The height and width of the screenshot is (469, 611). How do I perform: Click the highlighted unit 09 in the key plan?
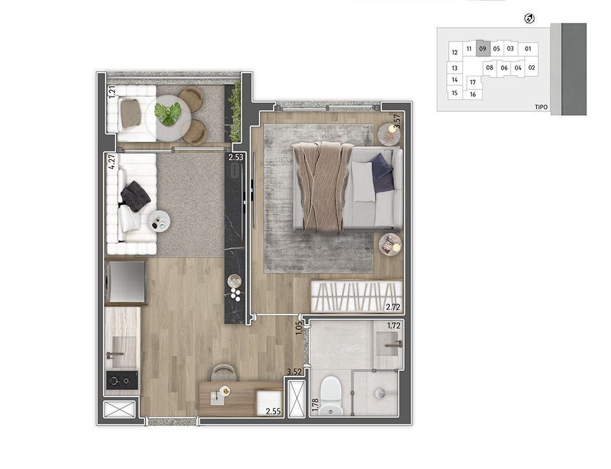coord(483,49)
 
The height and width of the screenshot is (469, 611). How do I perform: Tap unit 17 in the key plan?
coord(473,82)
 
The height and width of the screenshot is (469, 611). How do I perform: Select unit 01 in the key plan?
coord(528,49)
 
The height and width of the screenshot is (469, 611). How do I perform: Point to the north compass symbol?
coord(530,18)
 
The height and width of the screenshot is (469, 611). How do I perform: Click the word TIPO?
coord(541,107)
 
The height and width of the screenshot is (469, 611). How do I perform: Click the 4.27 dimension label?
coord(113,162)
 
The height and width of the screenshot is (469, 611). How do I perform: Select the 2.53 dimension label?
coord(236,157)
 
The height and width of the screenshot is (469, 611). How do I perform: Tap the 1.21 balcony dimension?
coord(113,92)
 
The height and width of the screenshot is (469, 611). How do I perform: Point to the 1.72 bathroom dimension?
coord(393,325)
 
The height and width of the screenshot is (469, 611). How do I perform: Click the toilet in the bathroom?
coord(330,395)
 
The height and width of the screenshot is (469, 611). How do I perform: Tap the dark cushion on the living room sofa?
coord(135,196)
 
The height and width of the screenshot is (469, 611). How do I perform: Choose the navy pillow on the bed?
coord(381,173)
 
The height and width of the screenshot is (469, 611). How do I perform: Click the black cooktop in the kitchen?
coord(122,380)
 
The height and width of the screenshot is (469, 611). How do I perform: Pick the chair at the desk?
coord(224,373)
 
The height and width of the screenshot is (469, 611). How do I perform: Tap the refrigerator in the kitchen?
coord(126,281)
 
